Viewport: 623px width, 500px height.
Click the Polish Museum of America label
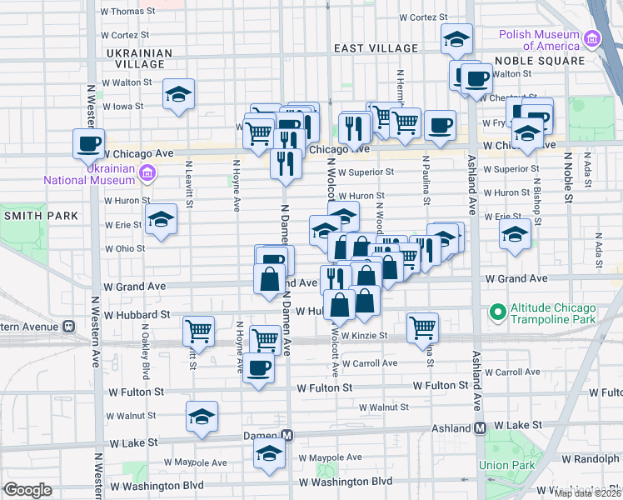539,40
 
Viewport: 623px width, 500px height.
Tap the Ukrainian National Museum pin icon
147,172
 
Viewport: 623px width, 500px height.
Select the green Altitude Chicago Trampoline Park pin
498,313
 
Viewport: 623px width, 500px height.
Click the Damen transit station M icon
287,436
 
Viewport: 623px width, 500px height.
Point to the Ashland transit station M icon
480,427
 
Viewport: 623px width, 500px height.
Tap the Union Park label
500,464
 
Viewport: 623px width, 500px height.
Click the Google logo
27,490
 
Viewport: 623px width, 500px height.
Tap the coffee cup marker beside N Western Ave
89,143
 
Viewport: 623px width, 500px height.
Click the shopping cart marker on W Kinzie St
423,327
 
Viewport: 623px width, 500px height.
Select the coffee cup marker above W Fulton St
258,367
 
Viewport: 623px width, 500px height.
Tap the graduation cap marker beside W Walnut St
202,417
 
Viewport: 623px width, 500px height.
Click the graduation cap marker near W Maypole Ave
269,454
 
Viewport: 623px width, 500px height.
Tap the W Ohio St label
125,248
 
